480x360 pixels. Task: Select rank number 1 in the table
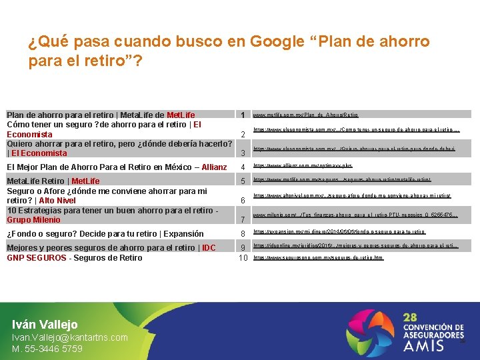pyautogui.click(x=243, y=115)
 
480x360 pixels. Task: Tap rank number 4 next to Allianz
pyautogui.click(x=243, y=167)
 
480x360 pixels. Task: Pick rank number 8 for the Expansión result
pyautogui.click(x=243, y=233)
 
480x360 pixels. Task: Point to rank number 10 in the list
pyautogui.click(x=243, y=258)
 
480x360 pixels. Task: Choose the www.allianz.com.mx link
pyautogui.click(x=303, y=165)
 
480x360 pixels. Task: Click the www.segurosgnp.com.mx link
pyautogui.click(x=318, y=257)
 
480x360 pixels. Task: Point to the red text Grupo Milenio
pyautogui.click(x=33, y=220)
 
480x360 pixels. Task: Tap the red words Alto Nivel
pyautogui.click(x=57, y=200)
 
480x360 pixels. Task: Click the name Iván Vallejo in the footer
pyautogui.click(x=45, y=325)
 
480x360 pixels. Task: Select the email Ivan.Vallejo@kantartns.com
pyautogui.click(x=70, y=337)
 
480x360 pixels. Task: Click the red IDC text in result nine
pyautogui.click(x=209, y=248)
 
